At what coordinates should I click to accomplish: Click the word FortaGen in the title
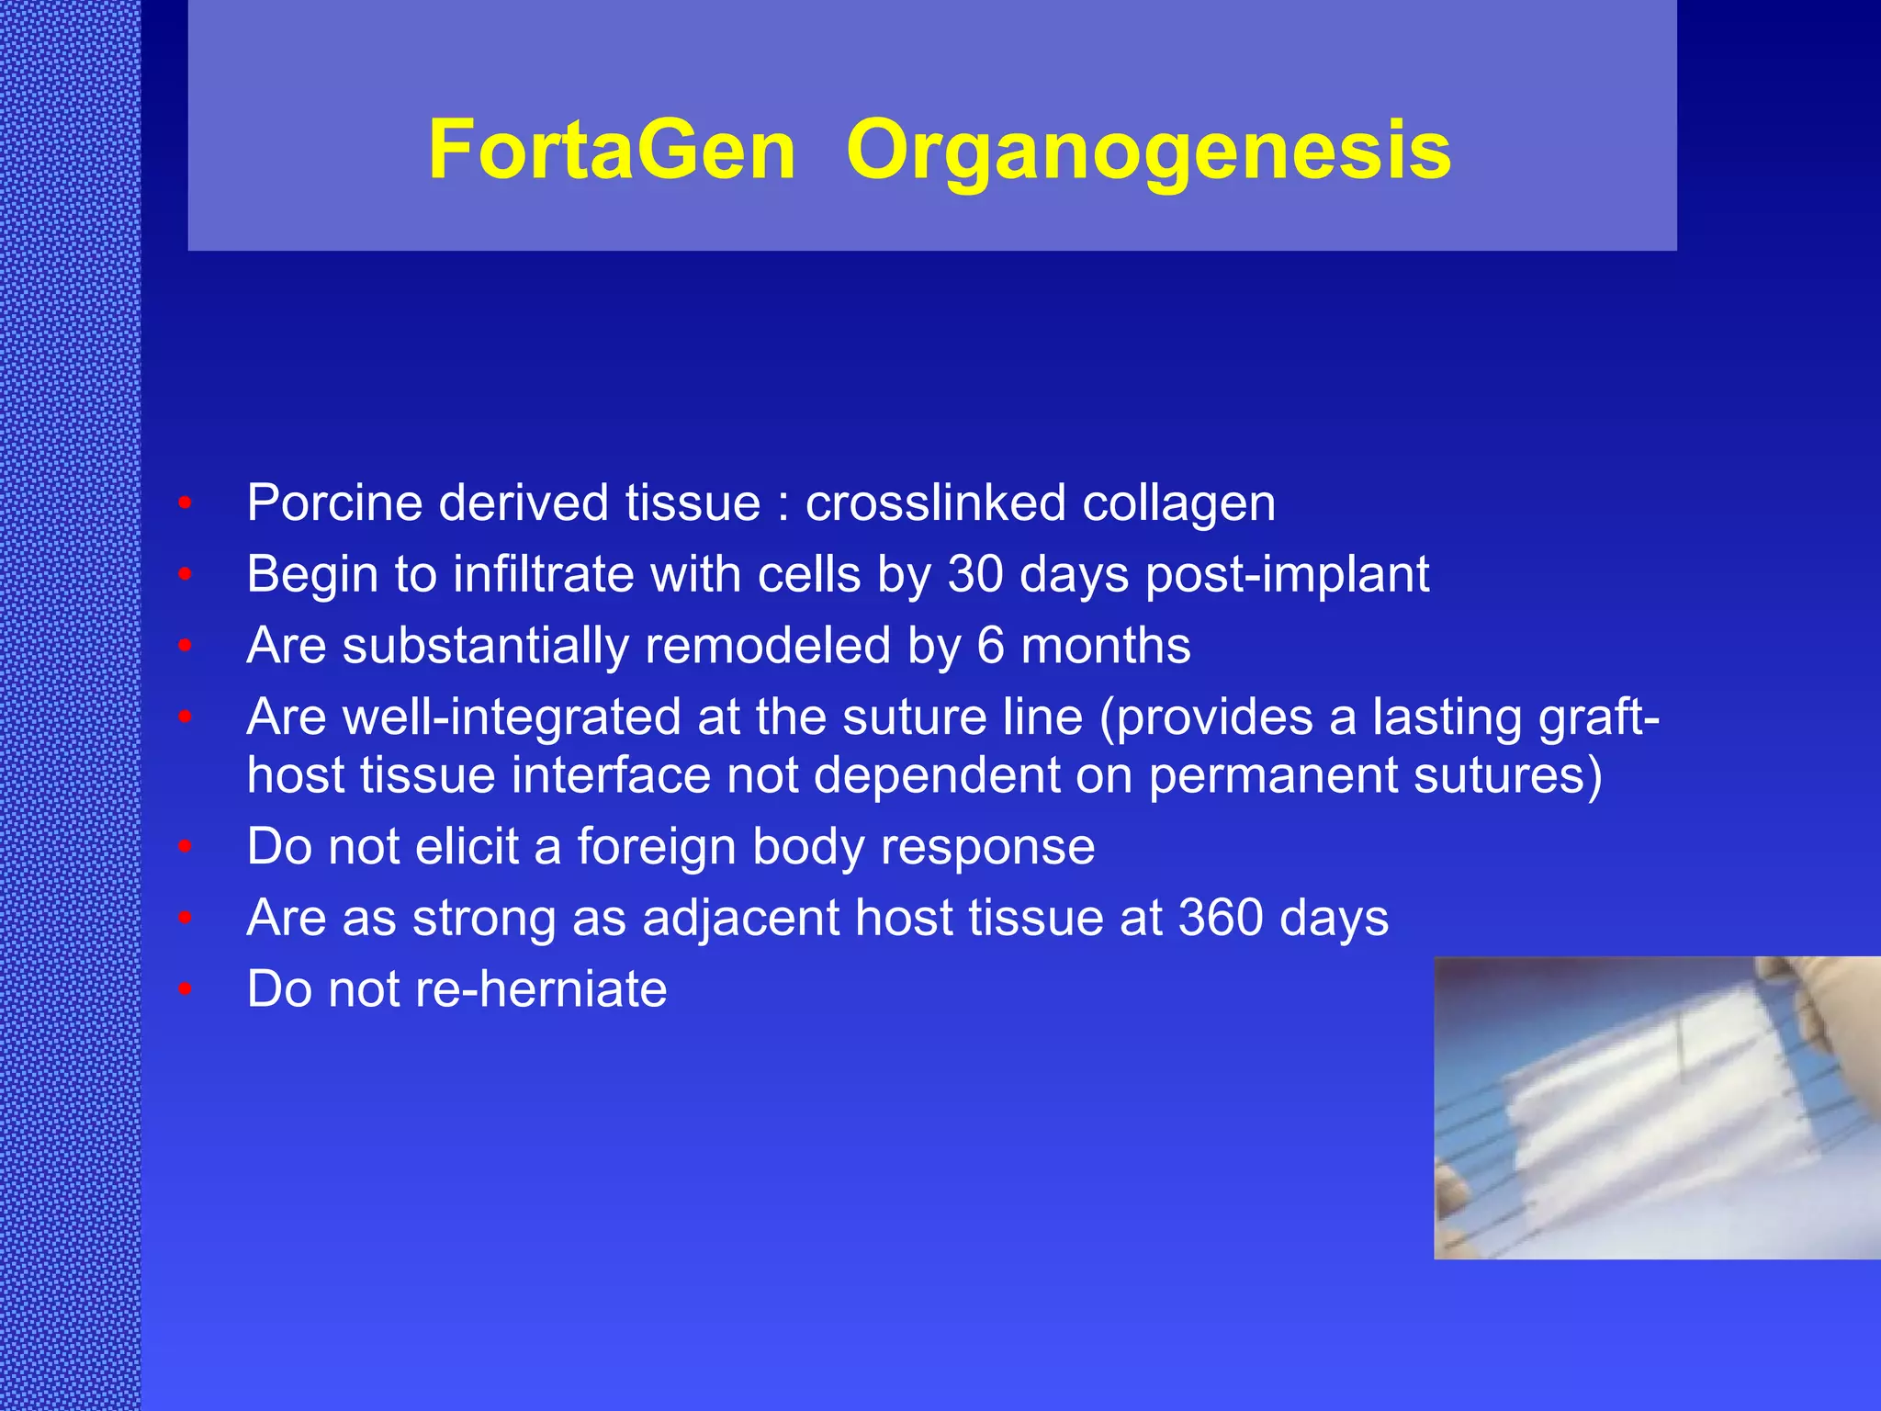(x=612, y=150)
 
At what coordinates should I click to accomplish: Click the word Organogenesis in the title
(x=1148, y=152)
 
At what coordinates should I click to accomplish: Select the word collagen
(x=1178, y=504)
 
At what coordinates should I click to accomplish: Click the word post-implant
(x=1287, y=576)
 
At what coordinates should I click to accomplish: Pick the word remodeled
(x=767, y=646)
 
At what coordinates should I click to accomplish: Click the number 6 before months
(x=990, y=646)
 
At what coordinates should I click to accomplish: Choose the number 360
(x=1221, y=918)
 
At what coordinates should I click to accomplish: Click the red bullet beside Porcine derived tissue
(x=185, y=503)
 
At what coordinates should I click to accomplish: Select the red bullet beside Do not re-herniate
(x=185, y=989)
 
